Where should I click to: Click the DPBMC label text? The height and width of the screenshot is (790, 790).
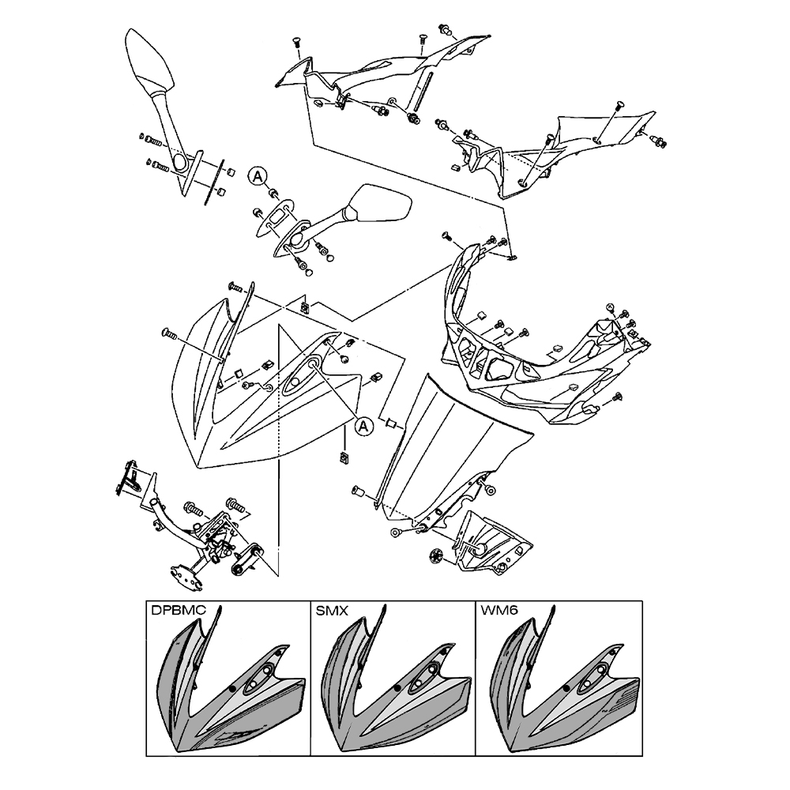pyautogui.click(x=179, y=611)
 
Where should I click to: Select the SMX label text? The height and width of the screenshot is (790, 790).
pyautogui.click(x=332, y=611)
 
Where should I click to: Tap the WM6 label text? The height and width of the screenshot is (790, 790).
pyautogui.click(x=497, y=611)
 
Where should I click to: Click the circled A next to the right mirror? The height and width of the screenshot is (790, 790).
pyautogui.click(x=257, y=176)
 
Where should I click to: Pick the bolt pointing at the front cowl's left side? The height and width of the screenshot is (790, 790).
pyautogui.click(x=169, y=333)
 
